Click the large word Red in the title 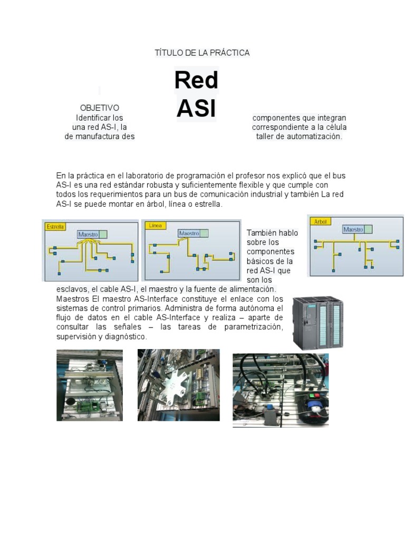[x=196, y=81]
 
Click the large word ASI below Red [x=196, y=108]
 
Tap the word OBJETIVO [x=99, y=108]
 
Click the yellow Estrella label [x=55, y=227]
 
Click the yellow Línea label [x=156, y=226]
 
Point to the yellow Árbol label [x=320, y=221]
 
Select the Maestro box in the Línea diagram [x=189, y=233]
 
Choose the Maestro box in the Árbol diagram [x=353, y=229]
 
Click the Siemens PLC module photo [x=318, y=322]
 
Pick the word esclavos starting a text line [x=72, y=290]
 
